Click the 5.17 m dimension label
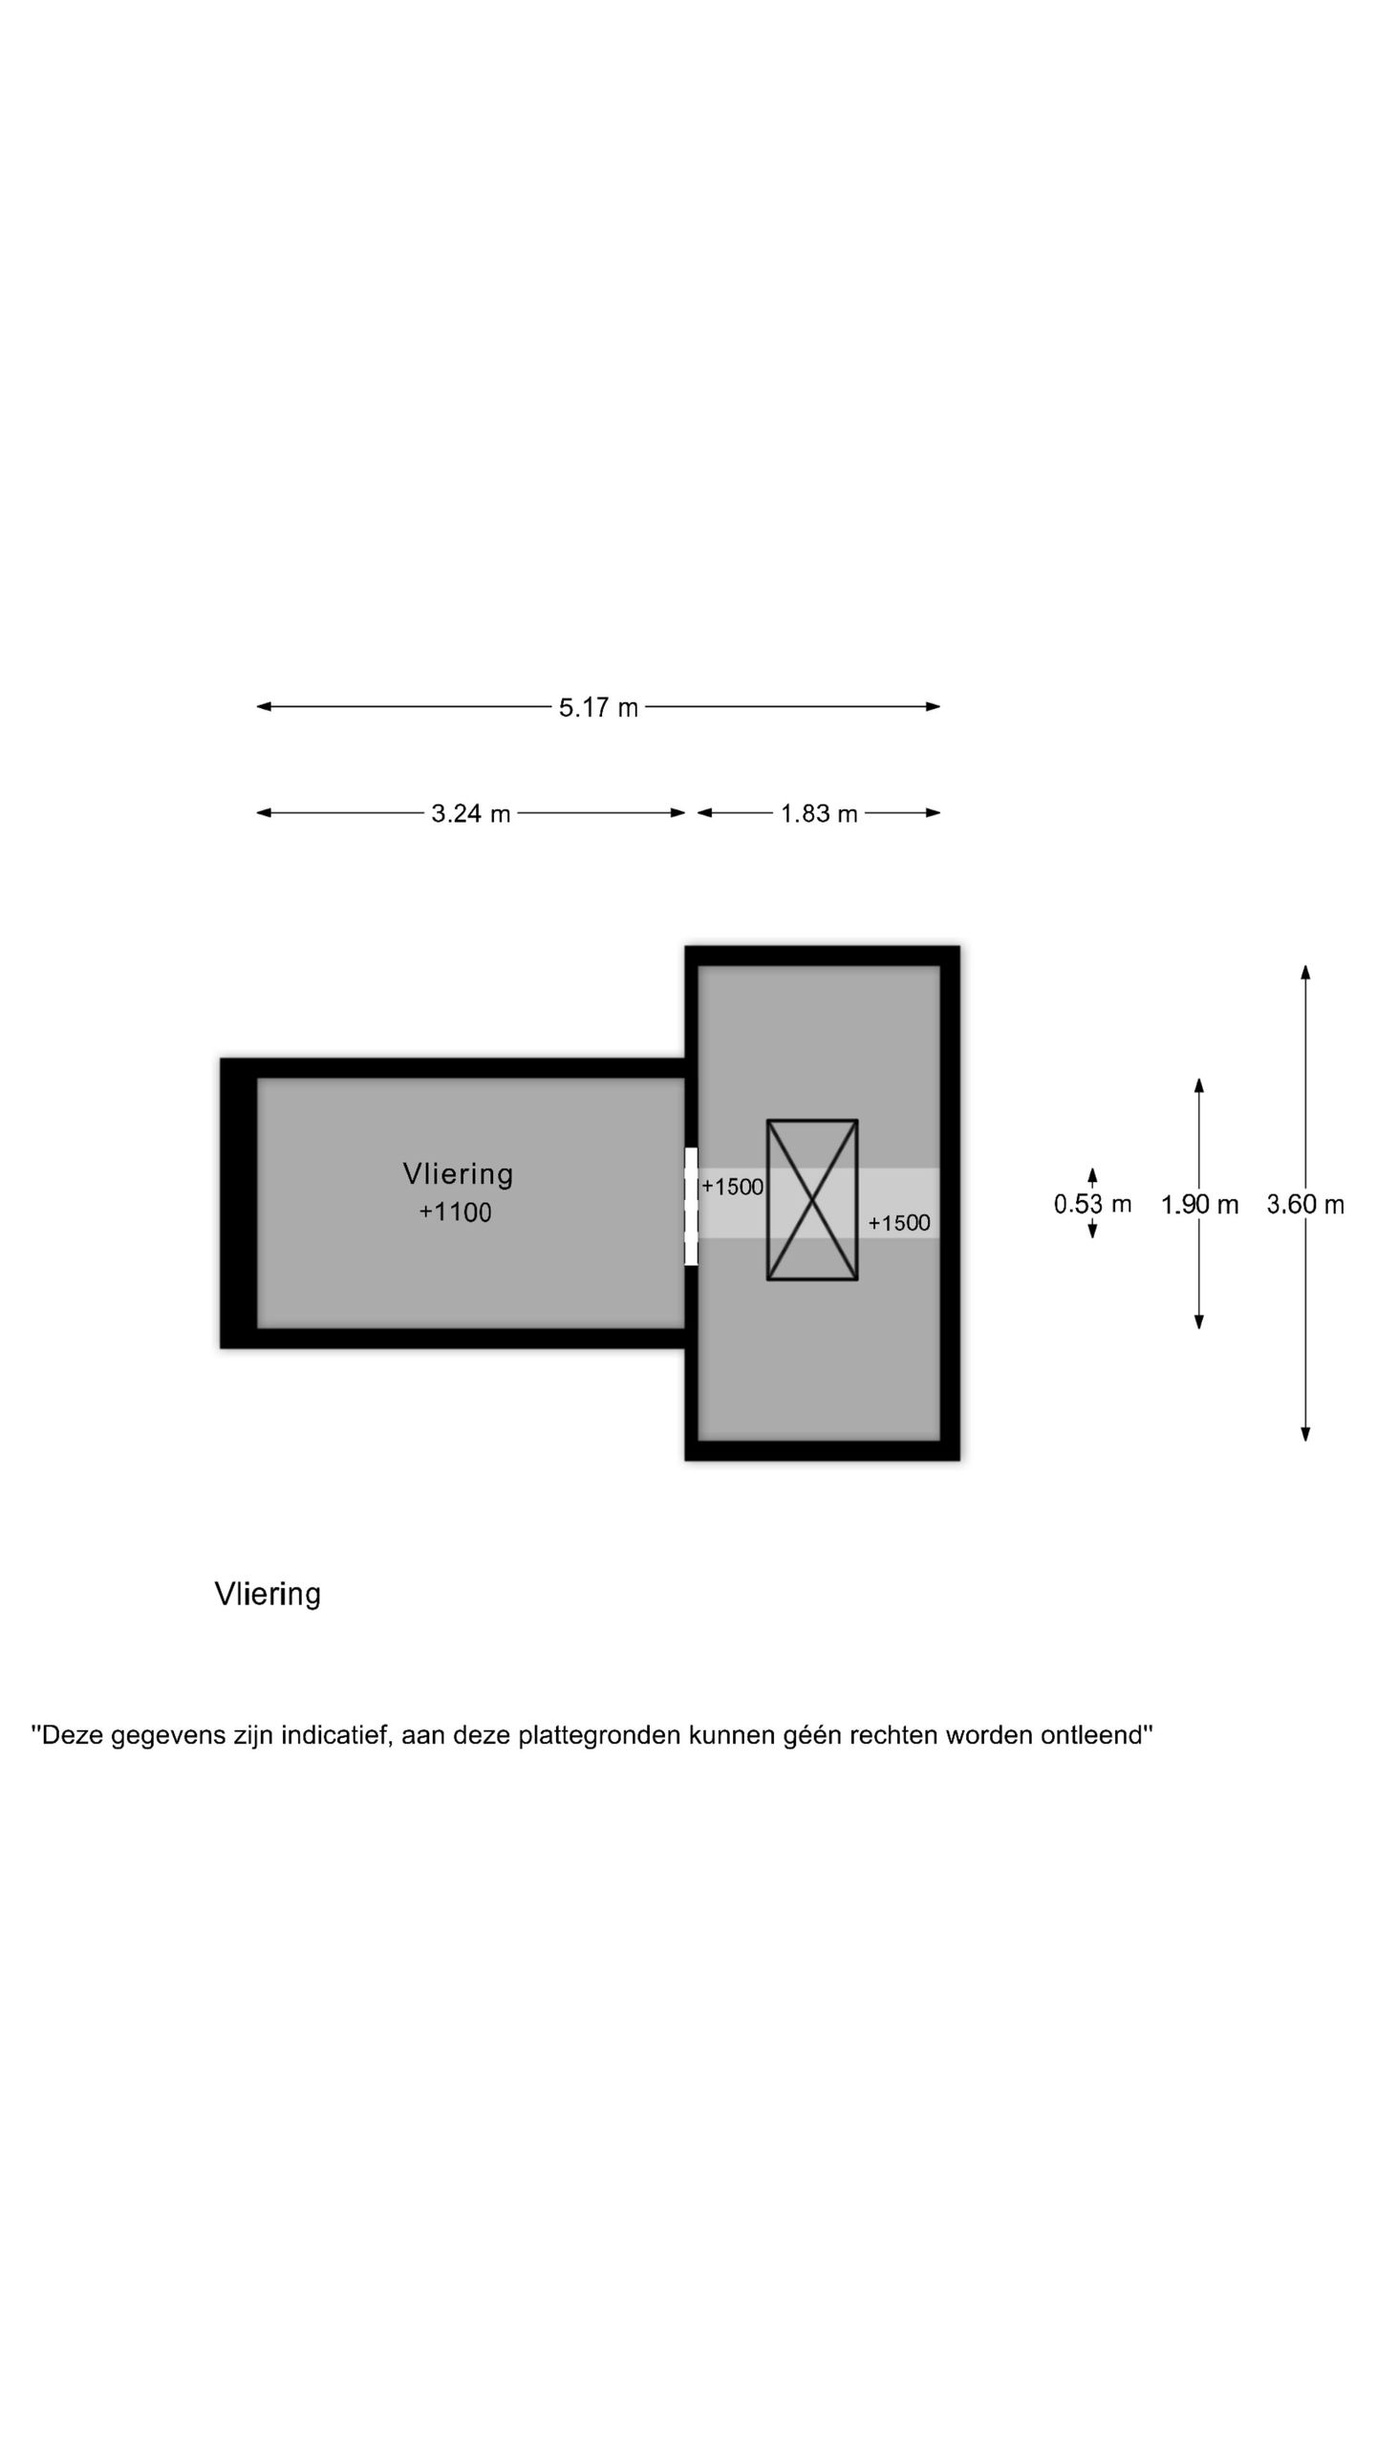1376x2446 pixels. click(x=598, y=708)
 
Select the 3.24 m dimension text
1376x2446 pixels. click(x=471, y=814)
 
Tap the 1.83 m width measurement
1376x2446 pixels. click(x=819, y=814)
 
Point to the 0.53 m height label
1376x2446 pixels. click(x=1092, y=1204)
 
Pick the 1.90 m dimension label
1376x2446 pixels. click(x=1199, y=1205)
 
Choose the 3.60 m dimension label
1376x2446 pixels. click(x=1305, y=1205)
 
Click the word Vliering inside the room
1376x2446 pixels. click(x=458, y=1174)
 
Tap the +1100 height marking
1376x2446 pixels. click(x=455, y=1212)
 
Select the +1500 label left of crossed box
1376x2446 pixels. click(x=732, y=1187)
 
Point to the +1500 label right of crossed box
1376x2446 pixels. click(x=898, y=1223)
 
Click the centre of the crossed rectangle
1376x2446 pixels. click(x=812, y=1200)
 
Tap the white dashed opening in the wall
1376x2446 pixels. click(x=691, y=1207)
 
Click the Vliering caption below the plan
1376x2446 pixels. click(x=268, y=1595)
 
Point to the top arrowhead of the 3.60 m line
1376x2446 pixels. click(x=1305, y=973)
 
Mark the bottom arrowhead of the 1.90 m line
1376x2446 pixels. click(x=1199, y=1321)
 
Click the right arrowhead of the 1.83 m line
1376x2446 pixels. click(x=933, y=813)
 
